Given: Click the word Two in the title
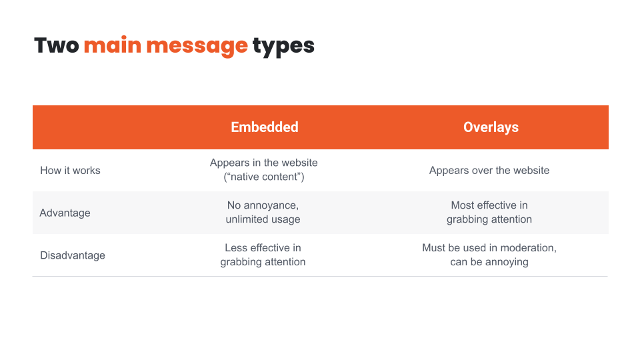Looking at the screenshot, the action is pyautogui.click(x=56, y=45).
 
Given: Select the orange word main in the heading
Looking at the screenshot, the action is pyautogui.click(x=112, y=45).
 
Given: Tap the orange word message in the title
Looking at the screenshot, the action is pyautogui.click(x=197, y=47).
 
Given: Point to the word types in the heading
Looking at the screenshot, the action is pyautogui.click(x=283, y=47).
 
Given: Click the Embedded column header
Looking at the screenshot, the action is pyautogui.click(x=265, y=127).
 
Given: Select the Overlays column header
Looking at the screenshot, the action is pyautogui.click(x=491, y=127).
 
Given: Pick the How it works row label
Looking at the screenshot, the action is pyautogui.click(x=70, y=170).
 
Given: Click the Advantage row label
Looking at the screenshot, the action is pyautogui.click(x=65, y=213).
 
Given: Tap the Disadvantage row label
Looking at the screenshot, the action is pyautogui.click(x=73, y=255).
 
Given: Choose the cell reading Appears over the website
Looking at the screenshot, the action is pyautogui.click(x=489, y=170).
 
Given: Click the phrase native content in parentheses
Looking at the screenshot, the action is pyautogui.click(x=264, y=177).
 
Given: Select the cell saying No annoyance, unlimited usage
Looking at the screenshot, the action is pyautogui.click(x=263, y=212).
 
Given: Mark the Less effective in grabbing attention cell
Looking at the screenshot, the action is pyautogui.click(x=263, y=255).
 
